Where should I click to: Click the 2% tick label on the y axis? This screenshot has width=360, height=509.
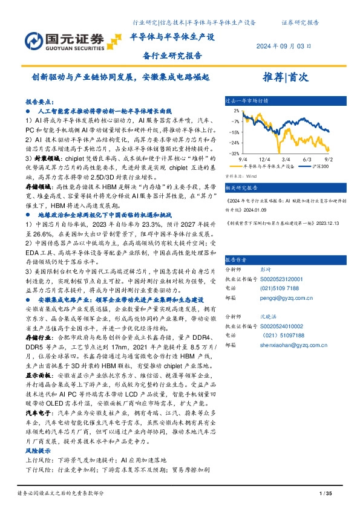point(234,109)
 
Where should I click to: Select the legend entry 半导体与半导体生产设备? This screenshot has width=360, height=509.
point(268,165)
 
